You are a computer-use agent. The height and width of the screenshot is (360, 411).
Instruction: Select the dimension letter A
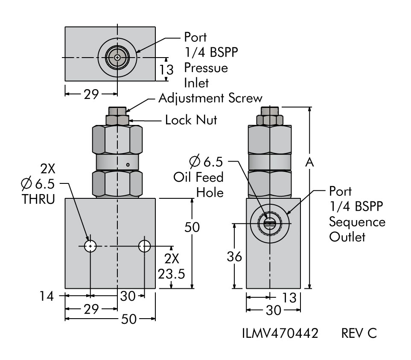[x=310, y=162]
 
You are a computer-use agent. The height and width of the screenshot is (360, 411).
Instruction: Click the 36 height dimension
[x=234, y=256]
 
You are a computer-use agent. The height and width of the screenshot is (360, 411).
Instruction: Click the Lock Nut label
[x=191, y=120]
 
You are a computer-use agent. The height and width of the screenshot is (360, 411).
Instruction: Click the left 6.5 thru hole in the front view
[x=90, y=246]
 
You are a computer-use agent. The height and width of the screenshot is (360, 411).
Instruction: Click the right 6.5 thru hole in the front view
[x=145, y=246]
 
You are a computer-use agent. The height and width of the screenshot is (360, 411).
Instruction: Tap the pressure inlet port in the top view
[x=117, y=57]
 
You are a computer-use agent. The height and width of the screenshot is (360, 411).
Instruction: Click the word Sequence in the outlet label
[x=357, y=222]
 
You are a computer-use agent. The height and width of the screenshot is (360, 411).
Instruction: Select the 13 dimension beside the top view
[x=166, y=70]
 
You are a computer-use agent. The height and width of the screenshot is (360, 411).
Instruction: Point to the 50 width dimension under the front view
[x=128, y=319]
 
